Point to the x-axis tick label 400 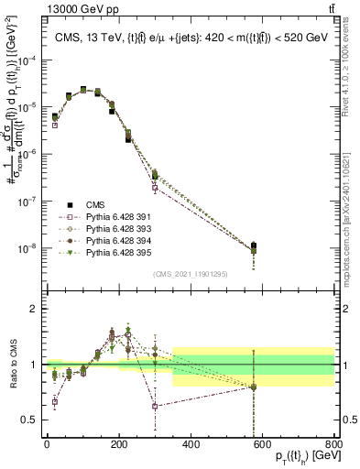point(191,444)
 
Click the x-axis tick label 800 point(335,444)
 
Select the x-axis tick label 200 point(119,444)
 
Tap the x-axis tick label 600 point(264,444)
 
